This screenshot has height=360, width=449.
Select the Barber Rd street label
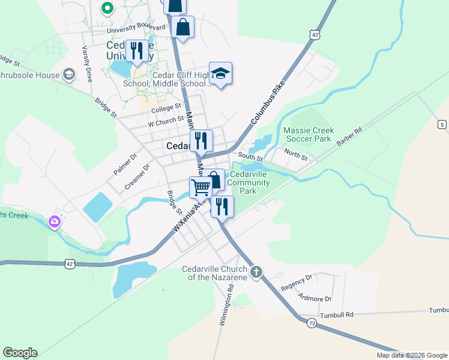pyautogui.click(x=350, y=138)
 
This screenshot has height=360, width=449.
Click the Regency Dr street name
pyautogui.click(x=297, y=282)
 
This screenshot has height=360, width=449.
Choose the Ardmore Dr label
pyautogui.click(x=315, y=298)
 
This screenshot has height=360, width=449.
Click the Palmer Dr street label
pyautogui.click(x=125, y=164)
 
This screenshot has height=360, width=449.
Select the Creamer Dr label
pyautogui.click(x=137, y=178)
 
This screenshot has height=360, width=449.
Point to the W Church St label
pyautogui.click(x=166, y=122)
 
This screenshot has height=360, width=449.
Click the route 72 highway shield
pyautogui.click(x=311, y=323)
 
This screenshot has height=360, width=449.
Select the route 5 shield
pyautogui.click(x=442, y=124)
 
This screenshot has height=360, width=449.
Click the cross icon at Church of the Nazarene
pyautogui.click(x=256, y=272)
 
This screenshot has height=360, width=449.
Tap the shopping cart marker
pyautogui.click(x=200, y=187)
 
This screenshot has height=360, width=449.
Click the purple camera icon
pyautogui.click(x=55, y=223)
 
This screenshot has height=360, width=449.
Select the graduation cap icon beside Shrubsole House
pyautogui.click(x=68, y=75)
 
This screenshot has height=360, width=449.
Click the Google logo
pyautogui.click(x=20, y=353)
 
